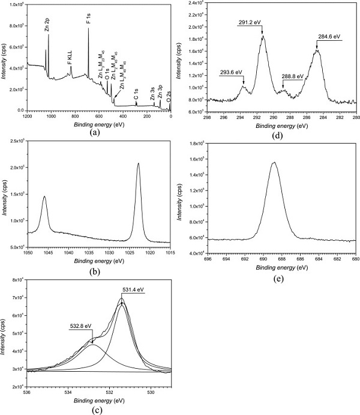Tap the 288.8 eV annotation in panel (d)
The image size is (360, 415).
coord(292,77)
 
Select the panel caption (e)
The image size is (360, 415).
coord(272,277)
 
